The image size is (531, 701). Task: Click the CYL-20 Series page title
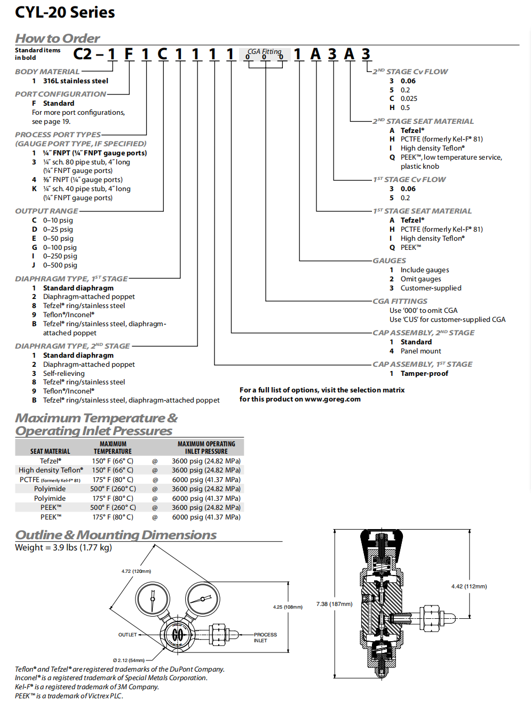click(65, 12)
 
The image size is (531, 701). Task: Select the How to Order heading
click(57, 38)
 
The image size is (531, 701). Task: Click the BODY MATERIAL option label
click(47, 72)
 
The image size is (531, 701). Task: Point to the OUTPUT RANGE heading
click(46, 211)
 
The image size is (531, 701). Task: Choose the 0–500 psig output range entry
click(60, 265)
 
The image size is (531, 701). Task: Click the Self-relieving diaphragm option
click(64, 373)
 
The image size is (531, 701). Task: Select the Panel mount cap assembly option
click(421, 351)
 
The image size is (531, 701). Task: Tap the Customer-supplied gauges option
click(431, 288)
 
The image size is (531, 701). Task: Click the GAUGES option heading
click(389, 261)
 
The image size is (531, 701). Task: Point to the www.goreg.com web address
click(332, 399)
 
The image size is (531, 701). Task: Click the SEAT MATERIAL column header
click(50, 451)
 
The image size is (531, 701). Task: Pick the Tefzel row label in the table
click(50, 461)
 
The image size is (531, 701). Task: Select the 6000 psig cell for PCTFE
click(206, 479)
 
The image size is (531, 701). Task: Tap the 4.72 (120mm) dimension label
click(136, 571)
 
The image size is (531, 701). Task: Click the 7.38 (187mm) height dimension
click(334, 604)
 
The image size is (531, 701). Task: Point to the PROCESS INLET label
click(265, 637)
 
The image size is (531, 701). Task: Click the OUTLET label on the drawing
click(128, 635)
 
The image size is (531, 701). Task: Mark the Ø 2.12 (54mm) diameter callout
click(129, 660)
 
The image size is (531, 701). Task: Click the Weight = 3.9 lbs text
click(64, 547)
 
